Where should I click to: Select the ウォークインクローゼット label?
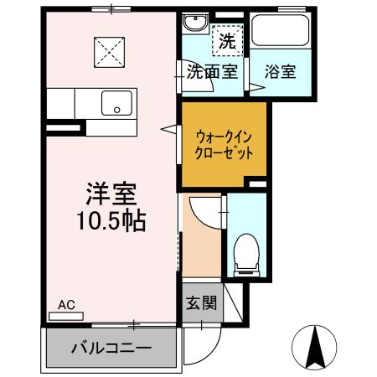pyautogui.click(x=224, y=145)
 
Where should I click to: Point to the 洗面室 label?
pyautogui.click(x=212, y=71)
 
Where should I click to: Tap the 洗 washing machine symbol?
pyautogui.click(x=226, y=39)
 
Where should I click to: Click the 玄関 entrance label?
pyautogui.click(x=199, y=302)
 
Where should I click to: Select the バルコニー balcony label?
pyautogui.click(x=111, y=348)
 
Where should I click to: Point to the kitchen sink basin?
pyautogui.click(x=116, y=104)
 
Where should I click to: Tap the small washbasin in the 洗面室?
pyautogui.click(x=194, y=23)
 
